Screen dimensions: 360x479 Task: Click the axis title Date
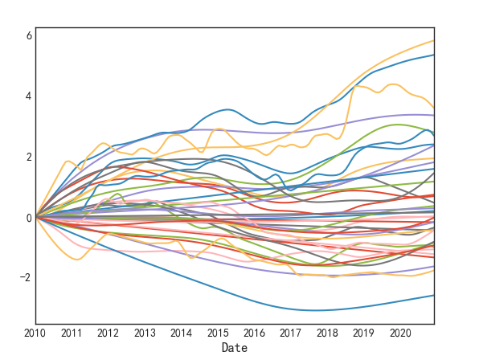(235, 348)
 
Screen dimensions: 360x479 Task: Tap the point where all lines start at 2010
(35, 217)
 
